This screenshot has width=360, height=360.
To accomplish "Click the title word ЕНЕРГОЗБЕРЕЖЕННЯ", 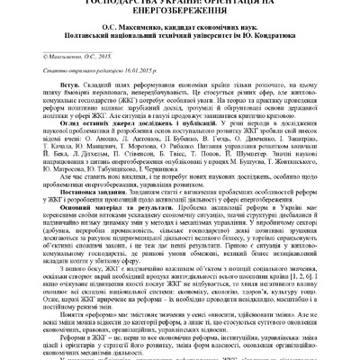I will [x=180, y=13].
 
